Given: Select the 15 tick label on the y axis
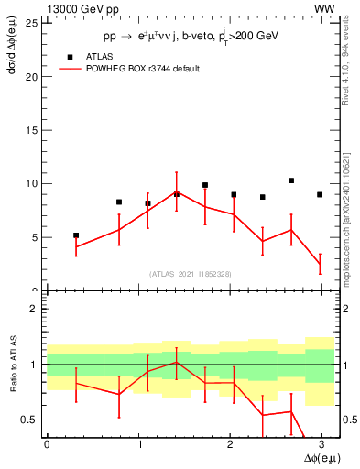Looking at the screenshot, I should [x=34, y=130].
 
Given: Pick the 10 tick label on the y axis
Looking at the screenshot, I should [x=34, y=184].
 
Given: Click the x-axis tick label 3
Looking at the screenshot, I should [x=322, y=444].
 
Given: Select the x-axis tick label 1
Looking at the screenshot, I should [x=138, y=444].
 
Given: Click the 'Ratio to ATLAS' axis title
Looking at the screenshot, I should [x=12, y=365].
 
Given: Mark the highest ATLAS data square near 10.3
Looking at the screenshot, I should [x=291, y=180].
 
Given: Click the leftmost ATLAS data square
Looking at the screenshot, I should [x=76, y=235].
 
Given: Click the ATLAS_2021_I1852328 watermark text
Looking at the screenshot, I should [x=190, y=273].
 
